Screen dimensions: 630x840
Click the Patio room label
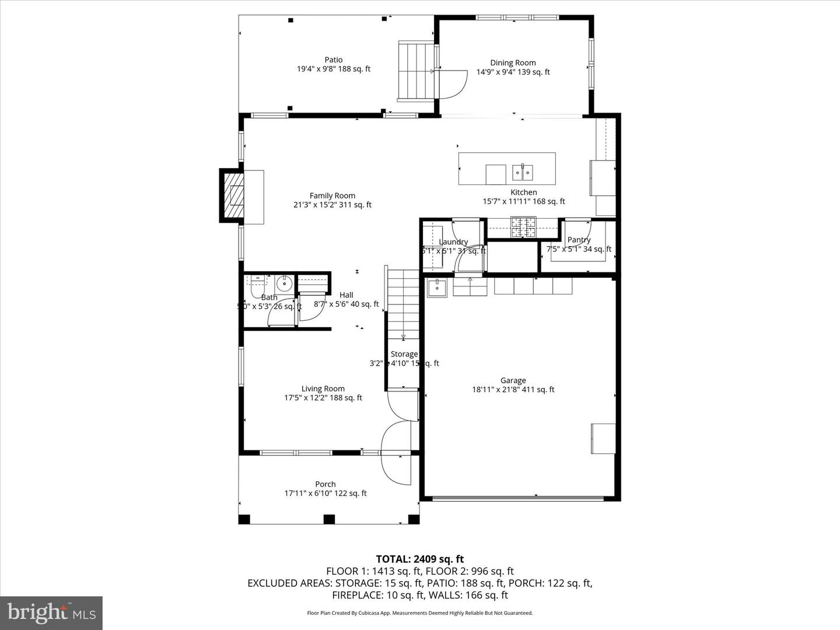coord(333,60)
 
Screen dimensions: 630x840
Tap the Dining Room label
coord(513,63)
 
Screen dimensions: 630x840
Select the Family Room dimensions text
coord(332,205)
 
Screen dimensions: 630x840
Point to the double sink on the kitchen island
coord(522,172)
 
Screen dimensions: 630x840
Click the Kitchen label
coord(523,192)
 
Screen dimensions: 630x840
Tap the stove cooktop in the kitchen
coord(523,228)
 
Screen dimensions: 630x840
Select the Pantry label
coord(579,240)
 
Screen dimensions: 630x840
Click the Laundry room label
coord(453,242)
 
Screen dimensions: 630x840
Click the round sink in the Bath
coord(283,284)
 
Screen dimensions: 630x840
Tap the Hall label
coord(346,295)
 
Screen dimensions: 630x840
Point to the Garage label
coord(513,381)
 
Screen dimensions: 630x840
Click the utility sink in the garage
coord(437,288)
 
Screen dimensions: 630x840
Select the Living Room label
coord(323,389)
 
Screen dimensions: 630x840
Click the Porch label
coord(325,484)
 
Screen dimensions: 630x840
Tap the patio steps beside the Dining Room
coord(416,71)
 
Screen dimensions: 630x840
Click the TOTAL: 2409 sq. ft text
coord(419,559)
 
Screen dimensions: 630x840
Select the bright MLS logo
coord(51,612)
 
